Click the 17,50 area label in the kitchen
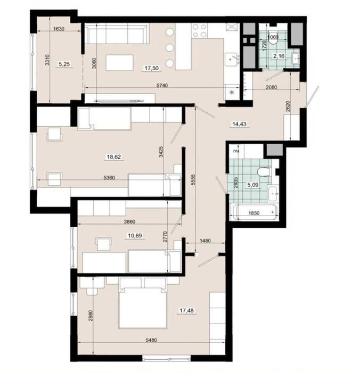(152, 68)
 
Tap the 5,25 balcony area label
(64, 64)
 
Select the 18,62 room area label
(114, 157)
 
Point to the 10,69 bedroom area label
(135, 236)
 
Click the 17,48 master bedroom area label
(187, 310)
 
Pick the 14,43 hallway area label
(239, 124)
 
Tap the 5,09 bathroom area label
(252, 185)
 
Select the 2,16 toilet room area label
(279, 56)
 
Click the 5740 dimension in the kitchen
(162, 85)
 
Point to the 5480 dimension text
(151, 340)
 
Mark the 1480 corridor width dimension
(205, 241)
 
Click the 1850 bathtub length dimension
(253, 213)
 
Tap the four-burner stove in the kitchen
(200, 31)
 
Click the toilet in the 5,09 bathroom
(264, 172)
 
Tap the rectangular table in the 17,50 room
(119, 63)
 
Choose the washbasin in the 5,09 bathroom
(273, 193)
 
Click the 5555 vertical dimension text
(193, 180)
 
